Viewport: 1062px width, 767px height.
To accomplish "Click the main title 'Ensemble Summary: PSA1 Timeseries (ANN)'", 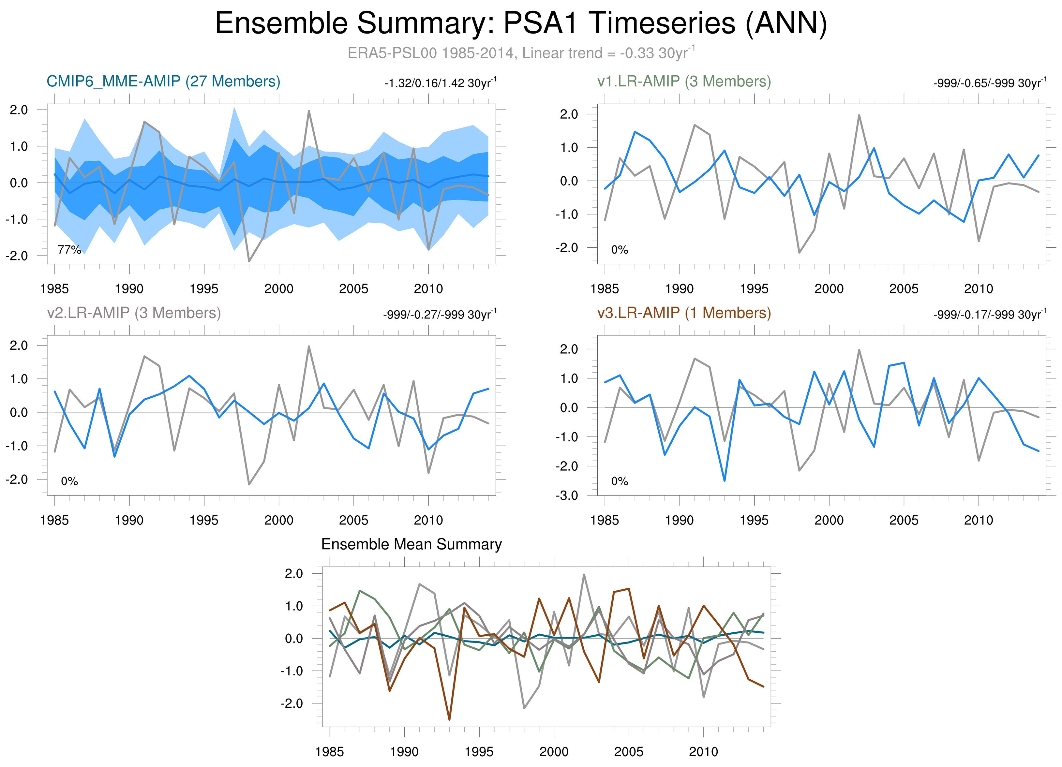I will click(521, 23).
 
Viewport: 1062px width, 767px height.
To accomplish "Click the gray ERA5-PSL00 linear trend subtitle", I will click(521, 53).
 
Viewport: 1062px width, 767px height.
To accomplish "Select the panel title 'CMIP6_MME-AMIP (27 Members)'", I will click(163, 81).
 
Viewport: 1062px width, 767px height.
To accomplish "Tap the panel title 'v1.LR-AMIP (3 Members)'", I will click(684, 81).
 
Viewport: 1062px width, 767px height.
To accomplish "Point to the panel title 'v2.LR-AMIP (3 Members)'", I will click(134, 313).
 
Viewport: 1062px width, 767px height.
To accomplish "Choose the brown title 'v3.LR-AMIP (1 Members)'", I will click(684, 313).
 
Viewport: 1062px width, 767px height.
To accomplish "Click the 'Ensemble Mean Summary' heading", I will click(411, 544).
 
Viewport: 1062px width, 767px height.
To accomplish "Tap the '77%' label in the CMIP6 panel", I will click(69, 250).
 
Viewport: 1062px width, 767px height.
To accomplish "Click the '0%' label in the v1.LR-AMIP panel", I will click(620, 250).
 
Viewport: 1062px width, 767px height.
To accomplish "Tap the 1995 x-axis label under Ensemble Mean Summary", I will click(479, 752).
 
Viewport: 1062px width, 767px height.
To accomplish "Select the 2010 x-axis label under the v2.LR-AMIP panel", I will click(428, 520).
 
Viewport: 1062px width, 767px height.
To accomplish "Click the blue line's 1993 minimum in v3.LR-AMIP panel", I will click(725, 480).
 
